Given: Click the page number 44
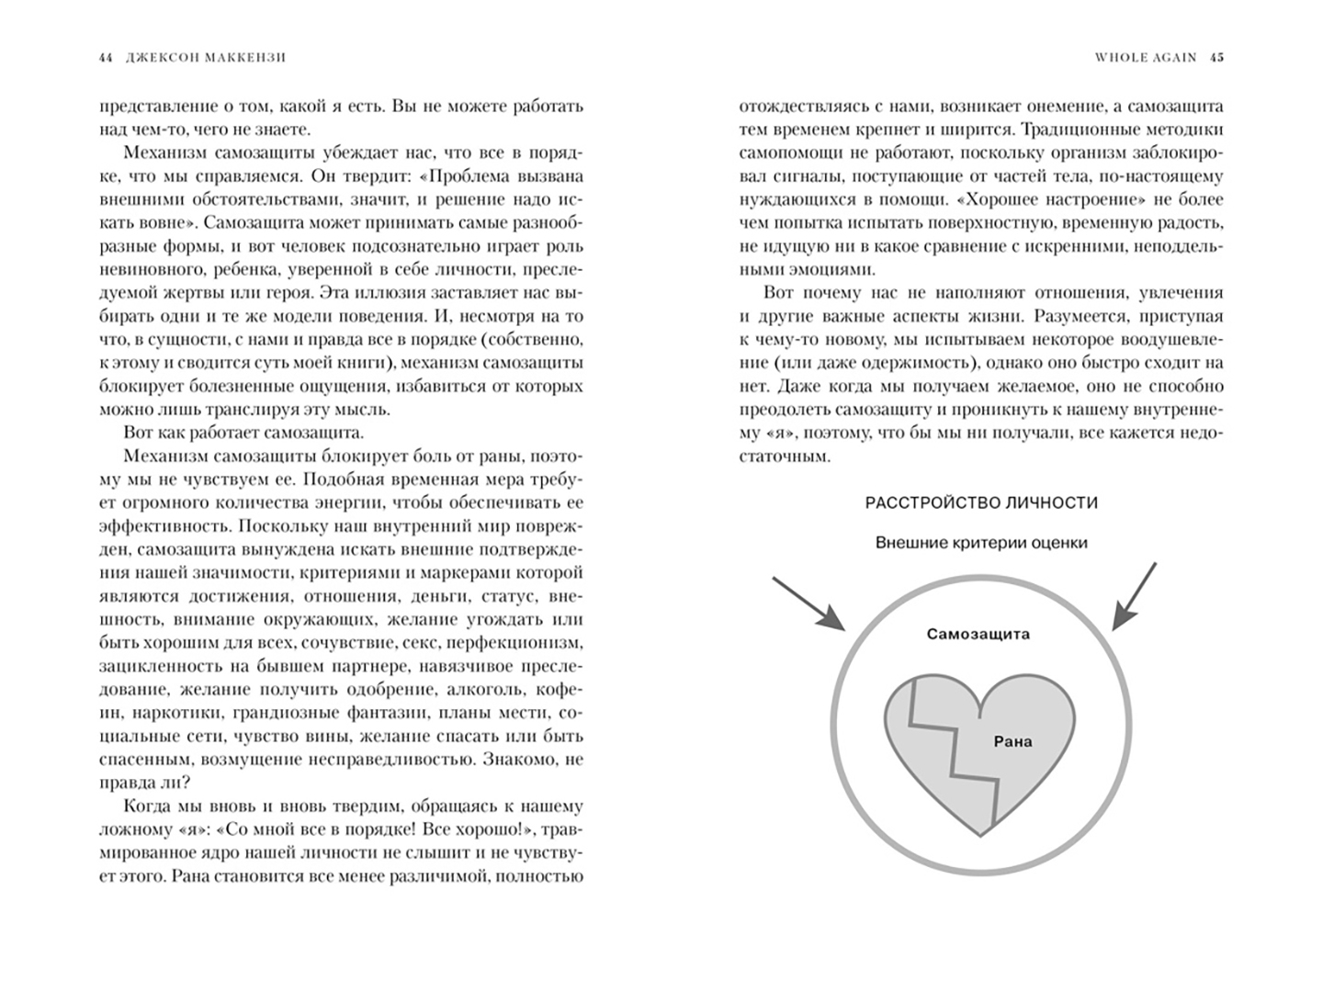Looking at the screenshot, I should click(105, 57).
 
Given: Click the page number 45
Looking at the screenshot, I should click(1216, 57).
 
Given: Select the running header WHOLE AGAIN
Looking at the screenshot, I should click(1146, 57).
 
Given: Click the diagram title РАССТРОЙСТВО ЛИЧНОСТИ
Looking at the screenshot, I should click(981, 502).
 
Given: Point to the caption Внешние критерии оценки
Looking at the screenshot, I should click(981, 543).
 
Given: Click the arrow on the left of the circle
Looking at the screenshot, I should click(808, 603).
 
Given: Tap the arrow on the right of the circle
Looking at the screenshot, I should click(1135, 597).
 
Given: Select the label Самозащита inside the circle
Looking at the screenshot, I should click(978, 634).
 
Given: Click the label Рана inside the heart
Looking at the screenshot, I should click(1013, 741).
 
